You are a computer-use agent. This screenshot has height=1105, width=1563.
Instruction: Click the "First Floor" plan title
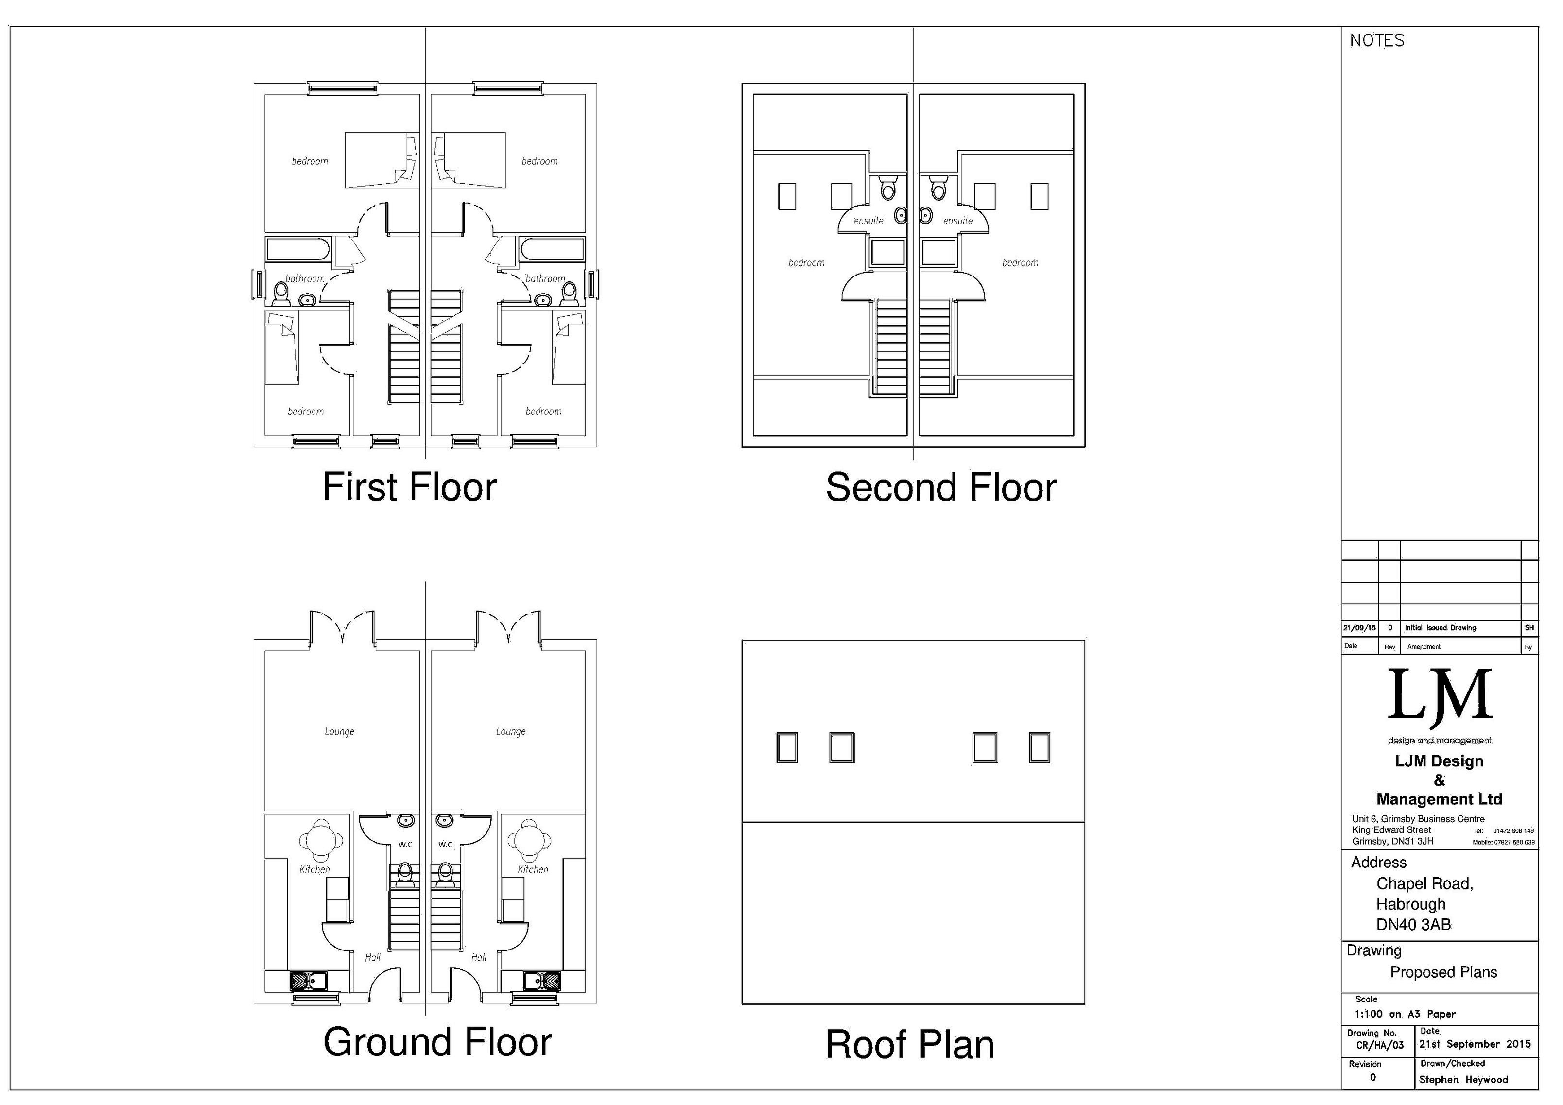click(409, 487)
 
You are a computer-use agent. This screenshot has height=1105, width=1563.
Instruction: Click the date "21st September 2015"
click(1475, 1044)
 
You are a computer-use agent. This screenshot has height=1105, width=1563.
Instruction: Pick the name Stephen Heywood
click(1463, 1079)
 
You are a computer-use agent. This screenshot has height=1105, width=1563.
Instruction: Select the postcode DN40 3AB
click(1413, 925)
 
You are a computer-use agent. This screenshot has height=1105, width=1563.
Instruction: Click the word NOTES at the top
click(1376, 41)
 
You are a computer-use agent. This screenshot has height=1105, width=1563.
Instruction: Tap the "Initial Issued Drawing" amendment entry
click(1440, 628)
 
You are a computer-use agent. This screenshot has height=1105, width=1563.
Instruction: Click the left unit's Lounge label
click(339, 731)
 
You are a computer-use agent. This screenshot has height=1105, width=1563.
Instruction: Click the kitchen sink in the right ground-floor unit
click(542, 981)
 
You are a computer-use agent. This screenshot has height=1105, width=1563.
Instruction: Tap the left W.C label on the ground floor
click(405, 844)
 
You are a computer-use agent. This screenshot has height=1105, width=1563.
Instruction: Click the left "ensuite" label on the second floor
click(868, 221)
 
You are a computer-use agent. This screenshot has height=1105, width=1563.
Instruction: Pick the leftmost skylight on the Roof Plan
click(786, 747)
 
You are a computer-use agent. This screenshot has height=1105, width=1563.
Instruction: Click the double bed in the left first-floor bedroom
click(381, 160)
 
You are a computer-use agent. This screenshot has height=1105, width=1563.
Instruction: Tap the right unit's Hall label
click(479, 957)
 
